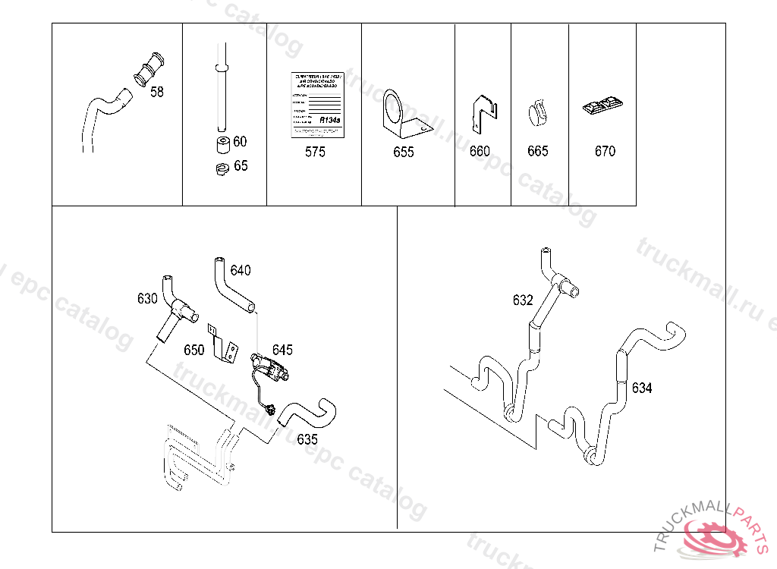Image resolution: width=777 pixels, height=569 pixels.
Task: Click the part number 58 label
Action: tap(157, 93)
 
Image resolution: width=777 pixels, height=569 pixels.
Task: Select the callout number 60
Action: tap(240, 142)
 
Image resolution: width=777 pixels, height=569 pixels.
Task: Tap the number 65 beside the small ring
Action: tap(241, 166)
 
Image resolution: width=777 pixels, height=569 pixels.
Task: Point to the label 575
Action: tap(315, 152)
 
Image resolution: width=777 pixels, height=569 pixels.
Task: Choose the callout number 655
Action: tap(404, 152)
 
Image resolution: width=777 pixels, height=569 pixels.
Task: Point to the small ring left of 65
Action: tap(221, 170)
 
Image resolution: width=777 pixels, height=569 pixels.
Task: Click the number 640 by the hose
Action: tap(241, 271)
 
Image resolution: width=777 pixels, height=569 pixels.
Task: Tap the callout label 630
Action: tap(147, 299)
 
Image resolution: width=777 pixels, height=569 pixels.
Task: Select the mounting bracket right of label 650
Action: tap(222, 343)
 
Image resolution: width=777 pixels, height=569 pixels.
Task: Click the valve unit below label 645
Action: tap(272, 369)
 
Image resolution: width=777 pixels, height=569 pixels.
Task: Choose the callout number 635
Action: tap(307, 439)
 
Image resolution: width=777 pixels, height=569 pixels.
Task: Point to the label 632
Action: tap(523, 300)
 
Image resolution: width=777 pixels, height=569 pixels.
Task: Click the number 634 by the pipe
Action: tap(642, 388)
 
